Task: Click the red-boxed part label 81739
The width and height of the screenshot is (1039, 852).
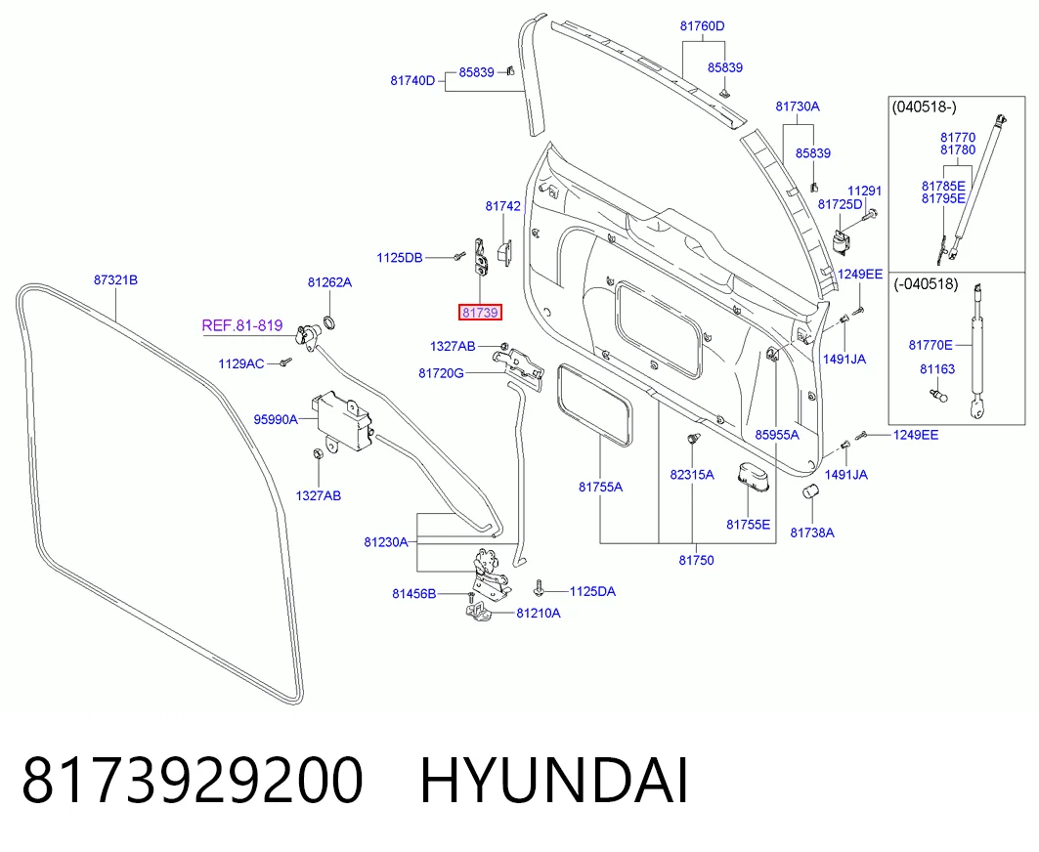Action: (481, 312)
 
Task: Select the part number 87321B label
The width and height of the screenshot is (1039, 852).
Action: (116, 280)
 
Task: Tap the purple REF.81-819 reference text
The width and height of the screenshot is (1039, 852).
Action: (241, 325)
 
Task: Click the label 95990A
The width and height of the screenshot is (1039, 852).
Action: (276, 419)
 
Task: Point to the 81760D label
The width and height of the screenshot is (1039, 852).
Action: (703, 25)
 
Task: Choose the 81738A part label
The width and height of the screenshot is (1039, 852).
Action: (812, 532)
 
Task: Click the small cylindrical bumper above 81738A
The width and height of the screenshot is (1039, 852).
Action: (811, 491)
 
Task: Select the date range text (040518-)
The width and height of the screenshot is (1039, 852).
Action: (925, 106)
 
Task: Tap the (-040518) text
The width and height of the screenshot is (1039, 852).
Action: (926, 284)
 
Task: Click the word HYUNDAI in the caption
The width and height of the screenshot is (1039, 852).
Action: (554, 781)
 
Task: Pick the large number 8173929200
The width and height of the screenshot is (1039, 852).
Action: (193, 781)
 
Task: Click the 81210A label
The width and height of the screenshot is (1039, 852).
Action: (538, 613)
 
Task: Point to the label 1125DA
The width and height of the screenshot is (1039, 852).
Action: (592, 591)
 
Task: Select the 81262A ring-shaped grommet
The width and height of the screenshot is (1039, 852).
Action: (328, 323)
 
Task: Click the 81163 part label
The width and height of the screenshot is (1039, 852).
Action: (937, 369)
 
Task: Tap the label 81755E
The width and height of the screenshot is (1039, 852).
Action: (748, 525)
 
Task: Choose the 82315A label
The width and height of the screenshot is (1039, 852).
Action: (692, 474)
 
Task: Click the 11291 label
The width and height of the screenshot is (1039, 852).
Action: (865, 191)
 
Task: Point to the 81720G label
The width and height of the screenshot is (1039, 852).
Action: (442, 373)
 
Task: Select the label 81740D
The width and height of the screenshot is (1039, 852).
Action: (412, 81)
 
